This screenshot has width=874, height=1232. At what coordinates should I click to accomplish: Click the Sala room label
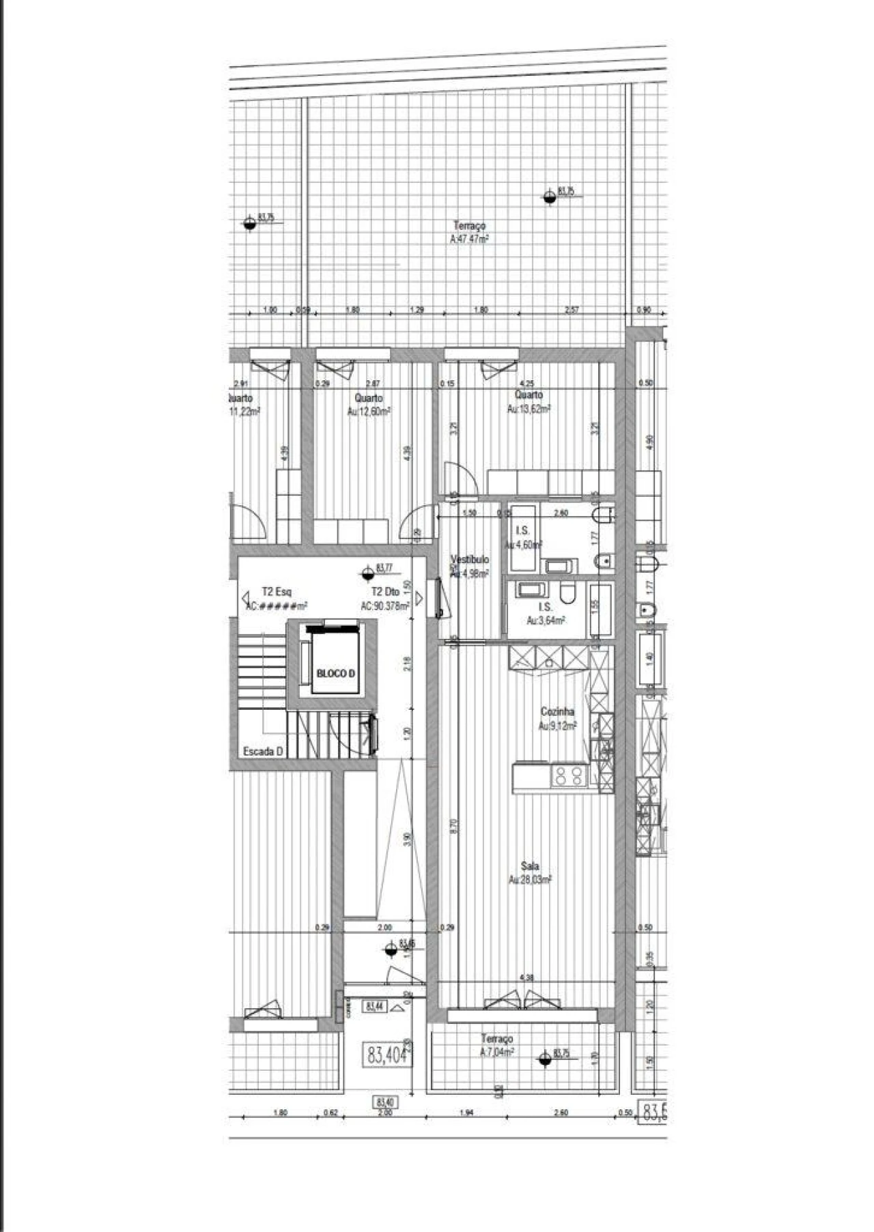[x=530, y=873]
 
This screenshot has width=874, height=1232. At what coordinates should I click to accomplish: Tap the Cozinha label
[x=557, y=719]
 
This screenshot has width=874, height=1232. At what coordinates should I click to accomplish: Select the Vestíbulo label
[x=470, y=566]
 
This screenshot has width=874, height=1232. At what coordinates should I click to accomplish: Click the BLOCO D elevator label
[x=336, y=674]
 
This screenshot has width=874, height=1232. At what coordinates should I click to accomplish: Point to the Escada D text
[x=263, y=751]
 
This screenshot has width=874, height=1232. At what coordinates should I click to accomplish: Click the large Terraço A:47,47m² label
[x=469, y=232]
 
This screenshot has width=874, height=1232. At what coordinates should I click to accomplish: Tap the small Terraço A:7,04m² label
[x=496, y=1044]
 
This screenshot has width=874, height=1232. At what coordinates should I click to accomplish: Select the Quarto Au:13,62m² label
[x=528, y=401]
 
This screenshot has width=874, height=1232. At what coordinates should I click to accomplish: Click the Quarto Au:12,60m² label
[x=369, y=404]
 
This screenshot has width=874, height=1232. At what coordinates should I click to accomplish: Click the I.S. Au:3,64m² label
[x=546, y=613]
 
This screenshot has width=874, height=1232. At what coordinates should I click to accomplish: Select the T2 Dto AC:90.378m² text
[x=385, y=599]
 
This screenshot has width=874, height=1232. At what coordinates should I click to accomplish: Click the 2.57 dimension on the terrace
[x=572, y=310]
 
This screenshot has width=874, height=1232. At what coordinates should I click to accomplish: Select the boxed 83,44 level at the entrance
[x=375, y=1006]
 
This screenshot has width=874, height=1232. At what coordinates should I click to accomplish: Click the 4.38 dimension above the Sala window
[x=526, y=978]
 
